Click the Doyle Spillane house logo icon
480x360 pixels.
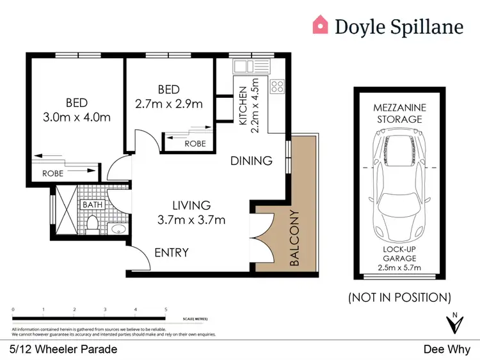coord(320,25)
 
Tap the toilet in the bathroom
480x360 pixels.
coord(91,224)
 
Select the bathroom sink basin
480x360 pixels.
coord(117,228)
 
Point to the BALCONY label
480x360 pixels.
coord(295,238)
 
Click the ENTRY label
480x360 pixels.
coord(172,253)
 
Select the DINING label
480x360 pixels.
coord(252,160)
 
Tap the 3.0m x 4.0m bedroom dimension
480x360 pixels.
coord(76,117)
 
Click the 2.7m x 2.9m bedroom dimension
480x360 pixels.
coord(168,104)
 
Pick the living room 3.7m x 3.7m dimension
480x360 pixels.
coord(191,221)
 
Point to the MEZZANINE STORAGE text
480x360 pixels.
coord(397,113)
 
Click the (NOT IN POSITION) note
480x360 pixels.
coord(399,297)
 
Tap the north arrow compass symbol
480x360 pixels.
coord(455,324)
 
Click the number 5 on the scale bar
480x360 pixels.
coord(166,309)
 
